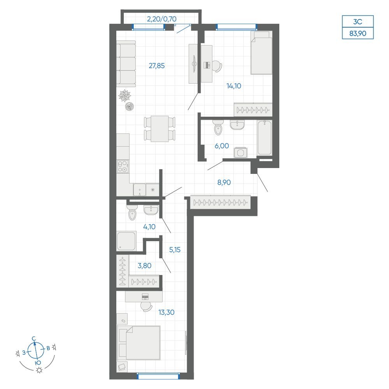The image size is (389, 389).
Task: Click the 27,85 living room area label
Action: coord(156,66)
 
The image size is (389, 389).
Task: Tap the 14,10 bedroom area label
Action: coord(234,86)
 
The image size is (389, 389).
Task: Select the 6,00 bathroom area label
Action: coord(222,146)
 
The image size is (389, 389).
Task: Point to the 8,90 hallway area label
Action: coord(224,182)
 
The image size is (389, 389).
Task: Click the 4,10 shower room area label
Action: coord(149,226)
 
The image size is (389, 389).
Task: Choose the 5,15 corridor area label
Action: coord(175,250)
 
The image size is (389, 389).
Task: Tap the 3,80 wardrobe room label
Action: coord(144,266)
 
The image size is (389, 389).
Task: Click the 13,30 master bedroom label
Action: coord(166,312)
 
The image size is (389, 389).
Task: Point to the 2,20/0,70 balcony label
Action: coord(162,19)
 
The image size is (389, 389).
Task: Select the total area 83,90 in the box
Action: coord(358,33)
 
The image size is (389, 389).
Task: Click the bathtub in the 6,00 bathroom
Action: coord(265,138)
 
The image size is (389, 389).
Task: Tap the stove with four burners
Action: coord(123,166)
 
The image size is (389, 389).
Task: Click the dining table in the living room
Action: coord(160,129)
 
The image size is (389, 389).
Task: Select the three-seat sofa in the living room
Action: coord(126,64)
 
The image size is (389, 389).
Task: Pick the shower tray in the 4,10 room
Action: coord(126,241)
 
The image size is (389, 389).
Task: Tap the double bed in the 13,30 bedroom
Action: coord(139,343)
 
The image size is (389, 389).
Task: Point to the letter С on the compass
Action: coord(34,338)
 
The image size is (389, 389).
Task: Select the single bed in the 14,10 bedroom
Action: coord(261,53)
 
